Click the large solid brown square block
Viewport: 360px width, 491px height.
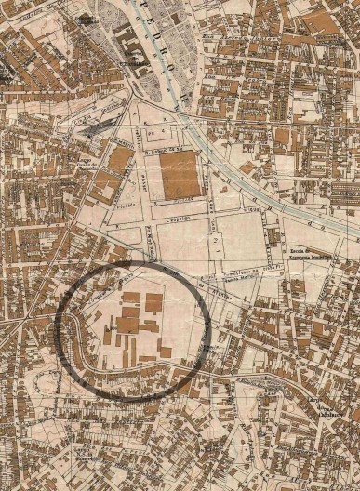click(x=180, y=174)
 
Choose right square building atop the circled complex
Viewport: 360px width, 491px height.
click(x=153, y=301)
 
